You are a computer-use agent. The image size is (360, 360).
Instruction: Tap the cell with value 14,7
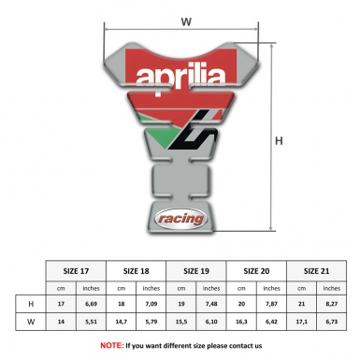pos(122,323)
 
